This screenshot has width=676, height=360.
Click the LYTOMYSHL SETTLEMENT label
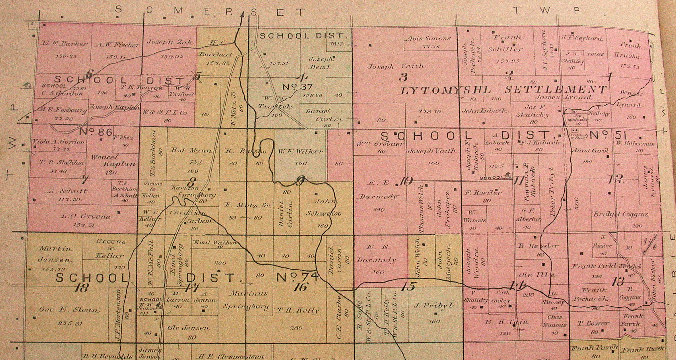(x=503, y=90)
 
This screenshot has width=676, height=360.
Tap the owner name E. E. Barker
(x=65, y=44)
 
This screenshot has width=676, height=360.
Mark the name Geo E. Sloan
(x=69, y=310)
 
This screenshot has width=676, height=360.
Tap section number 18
(x=81, y=288)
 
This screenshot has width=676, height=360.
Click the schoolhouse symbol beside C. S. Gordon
(x=25, y=86)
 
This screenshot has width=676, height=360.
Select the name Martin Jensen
(x=55, y=254)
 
